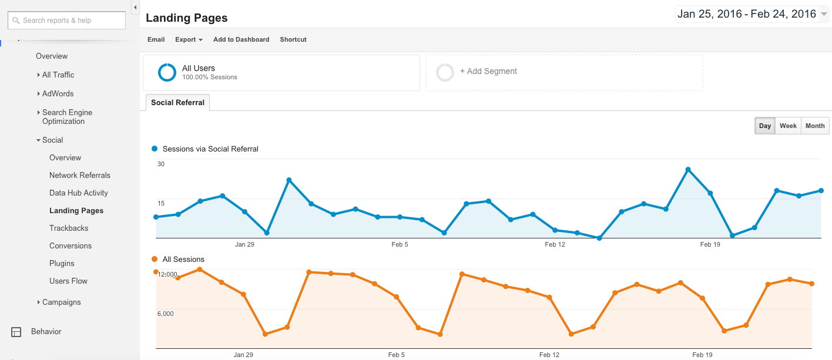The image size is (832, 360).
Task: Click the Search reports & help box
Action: point(67,21)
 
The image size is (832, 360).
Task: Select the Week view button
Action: point(788,126)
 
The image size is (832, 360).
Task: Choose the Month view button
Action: point(815,126)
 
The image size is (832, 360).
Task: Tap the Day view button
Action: point(764,126)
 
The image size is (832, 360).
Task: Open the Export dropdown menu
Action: point(189,39)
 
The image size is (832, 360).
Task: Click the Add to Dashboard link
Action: point(241,39)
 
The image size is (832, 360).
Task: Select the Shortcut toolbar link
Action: point(293,39)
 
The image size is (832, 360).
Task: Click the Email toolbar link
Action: point(156,39)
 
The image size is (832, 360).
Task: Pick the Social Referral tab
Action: point(177,102)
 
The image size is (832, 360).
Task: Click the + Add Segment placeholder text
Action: point(488,71)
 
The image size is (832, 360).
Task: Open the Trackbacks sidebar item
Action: point(69,228)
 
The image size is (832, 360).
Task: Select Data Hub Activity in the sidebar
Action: point(78,193)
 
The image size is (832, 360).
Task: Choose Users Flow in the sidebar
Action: point(68,281)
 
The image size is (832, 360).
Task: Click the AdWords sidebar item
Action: point(58,93)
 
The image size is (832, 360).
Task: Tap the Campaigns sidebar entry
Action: point(61,302)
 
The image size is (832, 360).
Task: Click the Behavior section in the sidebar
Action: point(46,331)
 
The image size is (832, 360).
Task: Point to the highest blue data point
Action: point(688,170)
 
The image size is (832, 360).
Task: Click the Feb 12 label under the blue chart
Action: point(555,244)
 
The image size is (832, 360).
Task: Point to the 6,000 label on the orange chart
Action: point(165,314)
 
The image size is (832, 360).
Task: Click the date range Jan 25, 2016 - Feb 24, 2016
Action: point(746,14)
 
